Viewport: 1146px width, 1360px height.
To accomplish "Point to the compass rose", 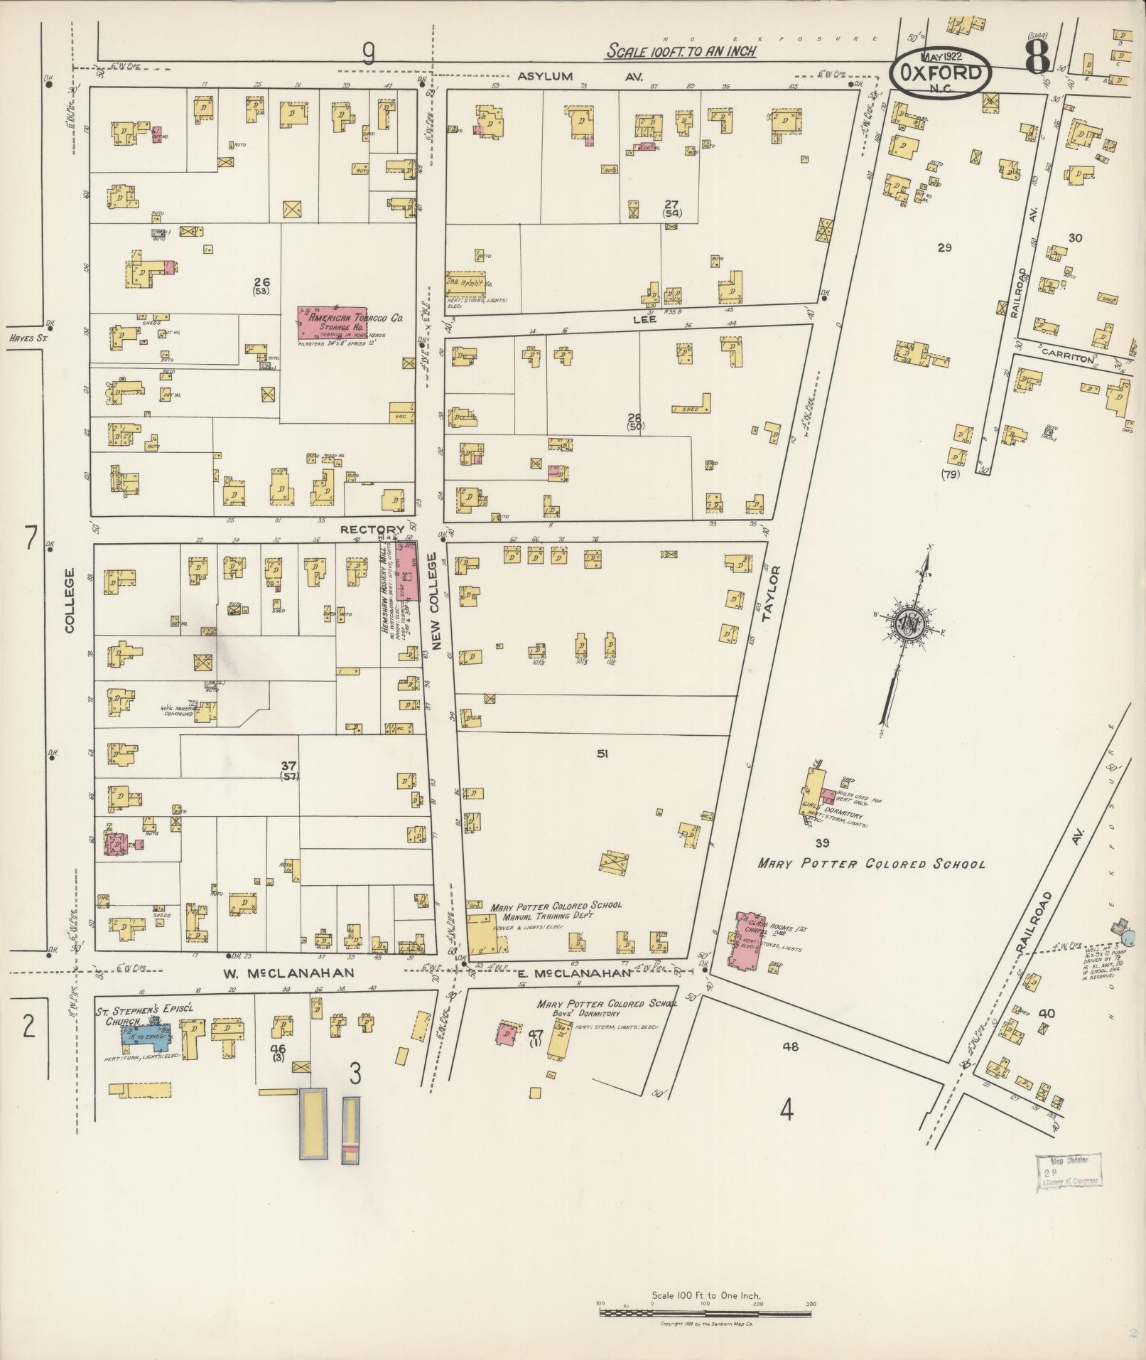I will coord(909,623).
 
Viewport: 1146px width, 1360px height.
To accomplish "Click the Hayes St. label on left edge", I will coord(28,339).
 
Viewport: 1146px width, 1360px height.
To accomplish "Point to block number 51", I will coord(602,754).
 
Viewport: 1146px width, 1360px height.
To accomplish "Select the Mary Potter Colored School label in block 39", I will coord(871,864).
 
